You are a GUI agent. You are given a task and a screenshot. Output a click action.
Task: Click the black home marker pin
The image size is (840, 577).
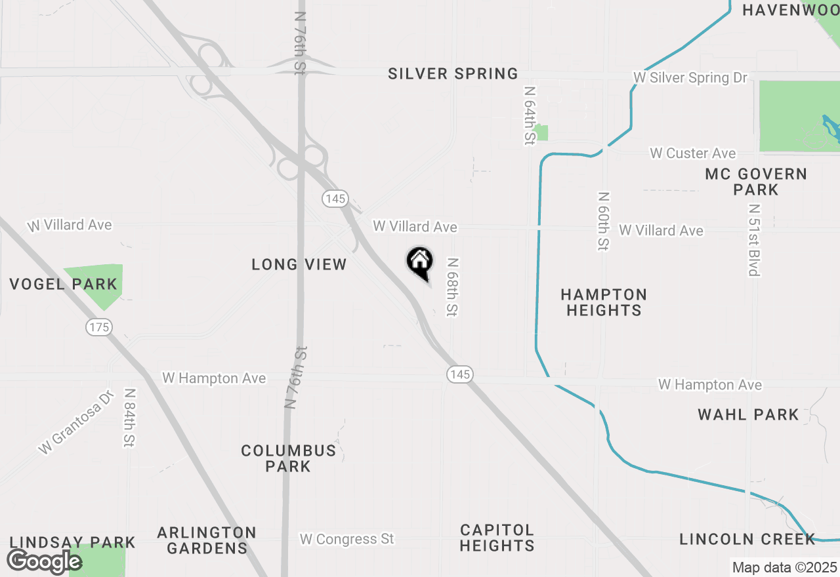point(420,263)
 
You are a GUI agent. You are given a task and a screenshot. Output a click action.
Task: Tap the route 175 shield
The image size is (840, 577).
point(99,327)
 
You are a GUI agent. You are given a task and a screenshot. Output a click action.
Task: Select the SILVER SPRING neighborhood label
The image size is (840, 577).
point(453,74)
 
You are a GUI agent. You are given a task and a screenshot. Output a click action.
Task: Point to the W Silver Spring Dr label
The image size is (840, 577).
point(690,78)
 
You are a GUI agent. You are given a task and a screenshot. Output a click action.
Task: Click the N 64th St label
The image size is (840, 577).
point(530,115)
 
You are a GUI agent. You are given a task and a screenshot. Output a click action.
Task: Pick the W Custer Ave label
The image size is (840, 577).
point(693,153)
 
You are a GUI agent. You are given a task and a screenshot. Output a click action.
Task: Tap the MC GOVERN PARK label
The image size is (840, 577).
point(756,182)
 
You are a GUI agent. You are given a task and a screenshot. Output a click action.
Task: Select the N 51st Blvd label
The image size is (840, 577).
point(753,239)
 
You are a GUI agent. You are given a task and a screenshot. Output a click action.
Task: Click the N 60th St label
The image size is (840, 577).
point(603,221)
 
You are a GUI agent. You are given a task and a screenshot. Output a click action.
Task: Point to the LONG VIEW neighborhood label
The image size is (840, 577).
point(299,265)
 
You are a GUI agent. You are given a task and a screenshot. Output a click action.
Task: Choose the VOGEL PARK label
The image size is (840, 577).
point(64,285)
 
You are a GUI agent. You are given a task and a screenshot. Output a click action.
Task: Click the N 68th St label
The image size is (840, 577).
point(451,287)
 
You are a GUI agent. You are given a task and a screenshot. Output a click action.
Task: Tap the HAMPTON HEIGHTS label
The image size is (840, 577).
point(604,302)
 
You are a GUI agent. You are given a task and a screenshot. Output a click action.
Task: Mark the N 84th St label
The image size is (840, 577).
point(129,418)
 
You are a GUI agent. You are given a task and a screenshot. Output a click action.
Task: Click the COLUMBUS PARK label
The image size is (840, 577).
point(289,458)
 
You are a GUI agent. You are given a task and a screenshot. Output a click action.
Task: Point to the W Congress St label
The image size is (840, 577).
point(347,539)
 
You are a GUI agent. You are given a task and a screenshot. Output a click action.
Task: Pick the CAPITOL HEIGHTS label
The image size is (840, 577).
point(497,538)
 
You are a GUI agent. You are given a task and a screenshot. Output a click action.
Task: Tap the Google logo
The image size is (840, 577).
point(44,561)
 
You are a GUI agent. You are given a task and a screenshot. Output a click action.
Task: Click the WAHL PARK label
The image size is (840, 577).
point(748,414)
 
